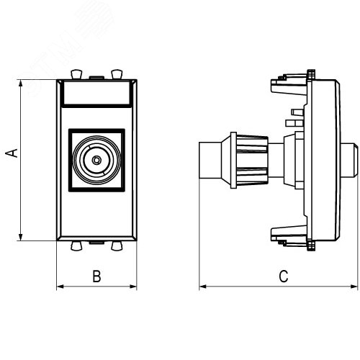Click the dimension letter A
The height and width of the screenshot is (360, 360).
[x=12, y=153]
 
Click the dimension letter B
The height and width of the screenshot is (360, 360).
[x=96, y=276]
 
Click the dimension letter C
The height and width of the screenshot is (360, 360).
[x=284, y=276]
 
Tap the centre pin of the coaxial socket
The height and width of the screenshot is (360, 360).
[x=96, y=160]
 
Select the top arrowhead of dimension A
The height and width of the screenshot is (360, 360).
[x=21, y=83]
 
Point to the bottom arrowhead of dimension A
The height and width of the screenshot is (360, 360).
[x=21, y=237]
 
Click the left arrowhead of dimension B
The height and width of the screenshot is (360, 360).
[x=60, y=287]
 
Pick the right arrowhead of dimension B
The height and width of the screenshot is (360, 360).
[x=133, y=287]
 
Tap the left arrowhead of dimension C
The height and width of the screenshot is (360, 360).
[x=203, y=287]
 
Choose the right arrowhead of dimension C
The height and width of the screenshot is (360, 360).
[x=354, y=287]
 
